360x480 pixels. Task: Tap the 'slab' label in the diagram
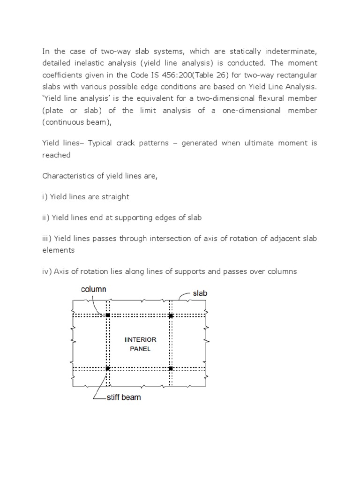pos(200,293)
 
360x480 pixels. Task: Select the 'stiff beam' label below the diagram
pos(123,397)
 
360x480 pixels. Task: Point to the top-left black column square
pos(107,315)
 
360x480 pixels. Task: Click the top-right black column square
pos(171,316)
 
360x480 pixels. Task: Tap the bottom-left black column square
pos(107,368)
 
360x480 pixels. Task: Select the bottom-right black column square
pos(171,368)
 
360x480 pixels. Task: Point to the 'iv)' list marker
pos(47,271)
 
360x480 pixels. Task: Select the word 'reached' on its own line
pos(56,155)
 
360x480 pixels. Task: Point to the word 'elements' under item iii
pos(59,250)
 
